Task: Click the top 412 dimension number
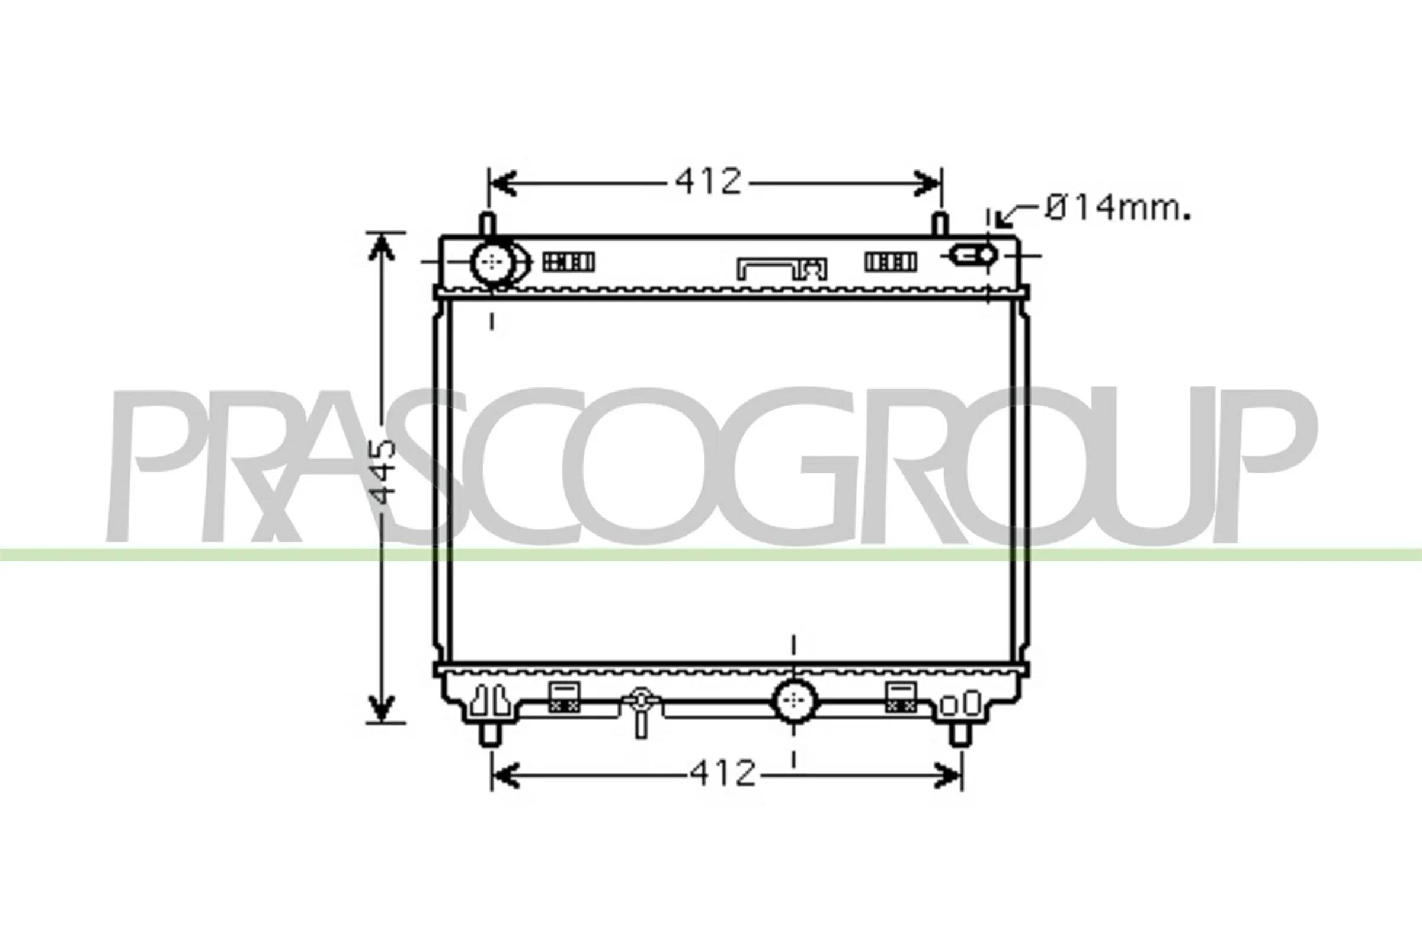tap(708, 181)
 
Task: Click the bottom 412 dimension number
tap(723, 773)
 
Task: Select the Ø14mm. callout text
tap(1118, 208)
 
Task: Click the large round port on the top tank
tap(493, 262)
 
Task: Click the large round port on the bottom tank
tap(795, 700)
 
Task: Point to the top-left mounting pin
tap(488, 224)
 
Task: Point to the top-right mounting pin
tap(940, 224)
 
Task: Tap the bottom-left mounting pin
tap(491, 735)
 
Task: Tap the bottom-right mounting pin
tap(960, 735)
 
